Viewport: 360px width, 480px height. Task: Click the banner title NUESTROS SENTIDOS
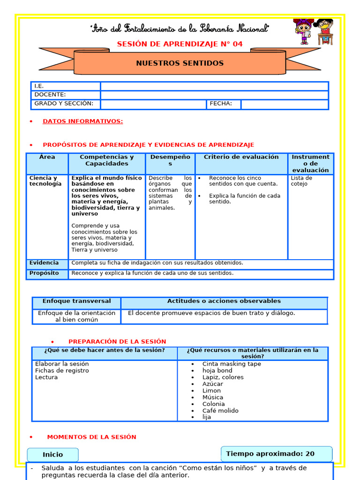click(180, 63)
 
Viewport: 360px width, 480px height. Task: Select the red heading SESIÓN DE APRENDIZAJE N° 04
click(180, 44)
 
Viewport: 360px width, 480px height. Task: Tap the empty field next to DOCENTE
click(214, 95)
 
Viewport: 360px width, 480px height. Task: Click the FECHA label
click(221, 104)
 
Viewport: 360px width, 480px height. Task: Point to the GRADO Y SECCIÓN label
click(64, 104)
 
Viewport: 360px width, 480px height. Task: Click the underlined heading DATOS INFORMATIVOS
click(82, 121)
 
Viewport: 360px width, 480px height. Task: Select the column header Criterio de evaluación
click(241, 157)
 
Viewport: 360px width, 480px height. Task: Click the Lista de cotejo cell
click(301, 181)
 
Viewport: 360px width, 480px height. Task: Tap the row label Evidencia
click(44, 263)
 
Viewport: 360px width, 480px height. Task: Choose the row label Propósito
click(44, 273)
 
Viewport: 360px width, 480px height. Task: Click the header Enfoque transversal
click(76, 301)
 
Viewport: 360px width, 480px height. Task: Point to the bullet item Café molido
click(220, 411)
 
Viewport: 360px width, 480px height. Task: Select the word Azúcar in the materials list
click(213, 384)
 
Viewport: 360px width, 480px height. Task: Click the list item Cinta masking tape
click(232, 364)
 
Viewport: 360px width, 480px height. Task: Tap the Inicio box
click(52, 455)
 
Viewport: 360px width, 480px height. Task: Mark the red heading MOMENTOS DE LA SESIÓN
click(91, 437)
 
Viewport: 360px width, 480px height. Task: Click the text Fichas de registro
click(62, 371)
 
